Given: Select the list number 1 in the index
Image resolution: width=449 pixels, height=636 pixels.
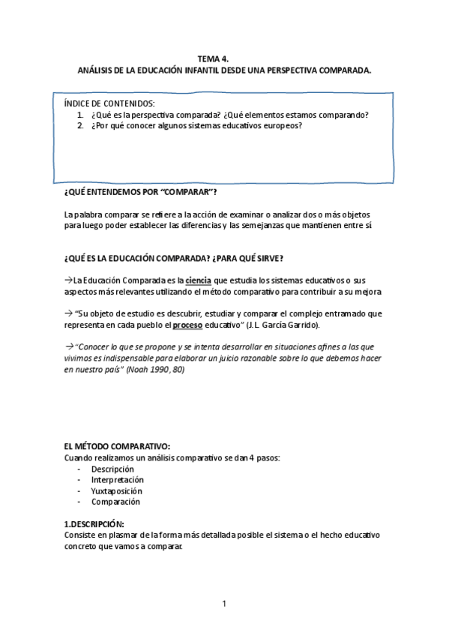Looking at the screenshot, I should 80,115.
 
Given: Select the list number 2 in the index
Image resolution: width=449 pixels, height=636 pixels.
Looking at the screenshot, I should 80,125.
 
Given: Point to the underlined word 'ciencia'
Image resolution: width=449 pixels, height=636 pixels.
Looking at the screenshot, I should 198,280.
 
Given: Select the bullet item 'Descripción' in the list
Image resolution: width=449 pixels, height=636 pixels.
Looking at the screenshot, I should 112,469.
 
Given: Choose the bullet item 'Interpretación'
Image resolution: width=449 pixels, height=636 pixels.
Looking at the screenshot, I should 118,479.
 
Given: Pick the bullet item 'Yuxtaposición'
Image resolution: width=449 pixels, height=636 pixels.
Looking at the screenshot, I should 116,490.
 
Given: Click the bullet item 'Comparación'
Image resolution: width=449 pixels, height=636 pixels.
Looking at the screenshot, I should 115,502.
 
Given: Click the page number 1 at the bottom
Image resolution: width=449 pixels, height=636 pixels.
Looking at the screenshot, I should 223,603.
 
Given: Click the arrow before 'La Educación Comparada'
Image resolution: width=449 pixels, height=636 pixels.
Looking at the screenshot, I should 68,280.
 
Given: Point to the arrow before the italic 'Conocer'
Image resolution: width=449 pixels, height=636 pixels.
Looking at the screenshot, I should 69,348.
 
